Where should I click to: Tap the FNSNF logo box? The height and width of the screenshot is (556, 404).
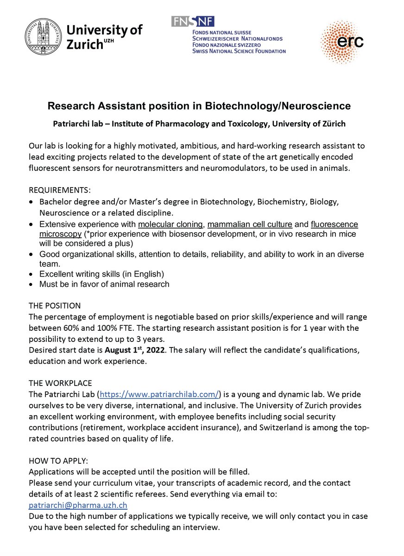[x=193, y=21]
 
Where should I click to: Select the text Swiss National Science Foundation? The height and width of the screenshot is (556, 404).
[x=239, y=51]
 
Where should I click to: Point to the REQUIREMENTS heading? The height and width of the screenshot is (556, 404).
[x=60, y=190]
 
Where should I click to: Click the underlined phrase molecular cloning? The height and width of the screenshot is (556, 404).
[x=170, y=225]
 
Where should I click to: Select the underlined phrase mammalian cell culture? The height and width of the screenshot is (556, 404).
[x=250, y=225]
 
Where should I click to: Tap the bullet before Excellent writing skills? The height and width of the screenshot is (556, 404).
[x=31, y=274]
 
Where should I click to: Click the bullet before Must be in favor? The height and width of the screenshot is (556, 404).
[x=31, y=284]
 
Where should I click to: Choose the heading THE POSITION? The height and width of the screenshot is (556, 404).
[x=55, y=306]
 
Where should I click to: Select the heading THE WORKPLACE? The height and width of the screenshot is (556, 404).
[x=60, y=383]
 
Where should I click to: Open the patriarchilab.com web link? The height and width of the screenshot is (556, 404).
[x=159, y=394]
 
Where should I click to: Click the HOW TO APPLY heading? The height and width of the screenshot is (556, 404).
[x=58, y=461]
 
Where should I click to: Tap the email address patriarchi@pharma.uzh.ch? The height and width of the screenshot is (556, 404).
[x=78, y=505]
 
